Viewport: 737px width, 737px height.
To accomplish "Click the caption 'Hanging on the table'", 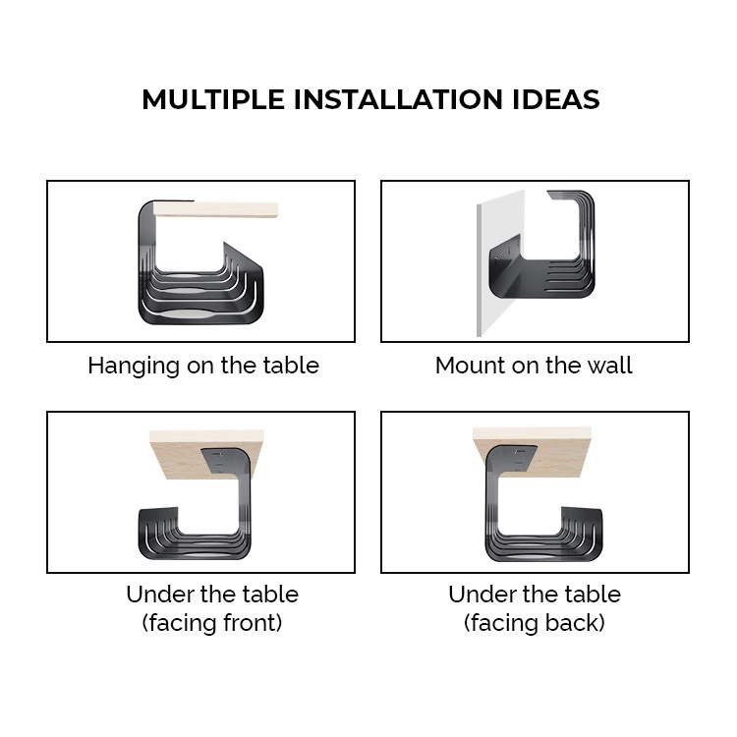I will click(203, 366).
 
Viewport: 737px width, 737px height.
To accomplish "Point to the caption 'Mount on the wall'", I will click(534, 366).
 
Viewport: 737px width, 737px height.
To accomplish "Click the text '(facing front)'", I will click(212, 622).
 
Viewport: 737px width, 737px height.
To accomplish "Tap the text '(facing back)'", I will click(535, 622).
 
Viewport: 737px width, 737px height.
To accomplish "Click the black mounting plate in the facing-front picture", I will click(225, 460).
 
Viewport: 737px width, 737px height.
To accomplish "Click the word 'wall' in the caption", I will click(611, 366).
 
